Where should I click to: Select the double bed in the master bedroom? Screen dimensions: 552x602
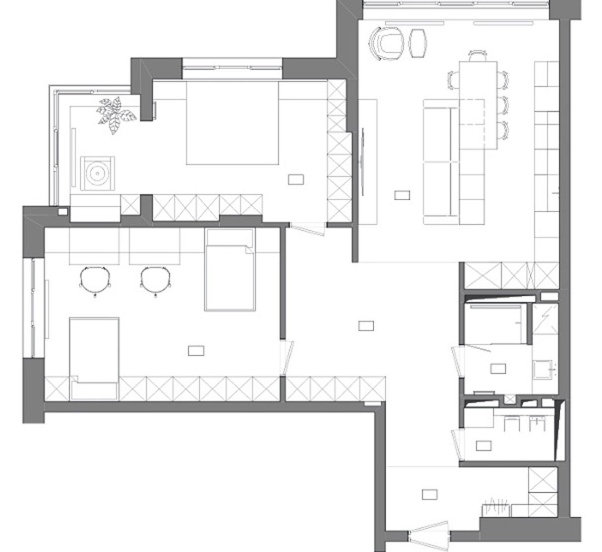pos(232,123)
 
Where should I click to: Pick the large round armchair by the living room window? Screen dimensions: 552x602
pos(386,42)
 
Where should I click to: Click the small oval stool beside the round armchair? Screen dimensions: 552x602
pos(418,43)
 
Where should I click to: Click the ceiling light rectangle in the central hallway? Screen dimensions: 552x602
pos(366,326)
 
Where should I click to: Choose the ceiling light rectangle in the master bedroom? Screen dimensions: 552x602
pos(296,179)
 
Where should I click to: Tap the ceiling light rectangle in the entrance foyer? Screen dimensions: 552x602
pos(430,494)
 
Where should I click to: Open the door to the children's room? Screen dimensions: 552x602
pos(287,357)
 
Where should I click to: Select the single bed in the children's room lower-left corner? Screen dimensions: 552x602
pos(94,358)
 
